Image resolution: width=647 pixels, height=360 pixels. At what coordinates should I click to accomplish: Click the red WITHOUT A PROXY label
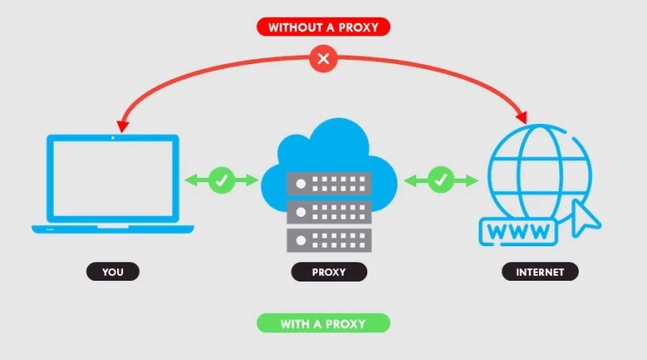click(324, 26)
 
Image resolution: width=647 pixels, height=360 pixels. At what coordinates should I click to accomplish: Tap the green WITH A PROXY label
click(323, 323)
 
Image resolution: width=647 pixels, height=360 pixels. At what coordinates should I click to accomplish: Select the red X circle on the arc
click(323, 59)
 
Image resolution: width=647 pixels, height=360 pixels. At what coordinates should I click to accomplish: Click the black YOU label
click(112, 271)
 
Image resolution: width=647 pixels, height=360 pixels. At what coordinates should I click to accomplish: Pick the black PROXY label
click(329, 271)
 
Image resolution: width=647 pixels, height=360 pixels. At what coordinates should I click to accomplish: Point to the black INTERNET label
click(540, 271)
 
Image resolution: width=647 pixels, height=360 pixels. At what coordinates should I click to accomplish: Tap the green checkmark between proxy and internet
click(441, 179)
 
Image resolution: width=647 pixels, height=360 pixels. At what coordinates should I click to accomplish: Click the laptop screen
click(113, 179)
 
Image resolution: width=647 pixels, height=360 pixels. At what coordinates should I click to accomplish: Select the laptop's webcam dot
click(113, 137)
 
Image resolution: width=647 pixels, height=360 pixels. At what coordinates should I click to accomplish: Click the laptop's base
click(113, 228)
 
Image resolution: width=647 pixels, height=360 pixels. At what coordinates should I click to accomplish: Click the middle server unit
click(329, 211)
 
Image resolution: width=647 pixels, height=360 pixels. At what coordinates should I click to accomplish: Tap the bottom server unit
click(329, 239)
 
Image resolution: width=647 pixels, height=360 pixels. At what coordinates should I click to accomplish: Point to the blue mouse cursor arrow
click(586, 217)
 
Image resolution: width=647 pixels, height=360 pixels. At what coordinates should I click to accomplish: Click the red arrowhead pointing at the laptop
click(123, 125)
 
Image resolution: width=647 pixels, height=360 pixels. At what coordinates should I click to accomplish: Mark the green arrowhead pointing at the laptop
click(191, 179)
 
